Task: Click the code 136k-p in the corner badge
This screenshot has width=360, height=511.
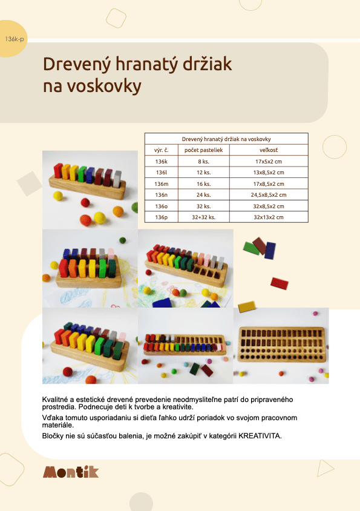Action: (x=15, y=39)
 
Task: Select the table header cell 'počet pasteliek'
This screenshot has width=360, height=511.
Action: (x=203, y=150)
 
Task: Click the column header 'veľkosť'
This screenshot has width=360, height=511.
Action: (x=269, y=150)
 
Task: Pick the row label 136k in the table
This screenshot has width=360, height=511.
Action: (x=161, y=161)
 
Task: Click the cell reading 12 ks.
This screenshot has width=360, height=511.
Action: (x=203, y=173)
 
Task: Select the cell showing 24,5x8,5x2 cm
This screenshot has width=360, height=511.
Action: (x=269, y=195)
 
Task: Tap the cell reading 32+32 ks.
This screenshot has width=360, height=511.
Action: (x=203, y=217)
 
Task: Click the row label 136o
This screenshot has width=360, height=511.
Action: (x=161, y=206)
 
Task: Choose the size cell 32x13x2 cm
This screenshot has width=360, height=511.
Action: (x=269, y=217)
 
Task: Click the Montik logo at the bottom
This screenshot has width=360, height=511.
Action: (x=71, y=472)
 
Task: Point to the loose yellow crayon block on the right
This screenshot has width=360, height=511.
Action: (x=247, y=306)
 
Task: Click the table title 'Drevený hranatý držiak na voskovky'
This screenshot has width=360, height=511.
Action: (x=226, y=139)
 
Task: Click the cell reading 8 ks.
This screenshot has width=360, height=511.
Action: (x=203, y=161)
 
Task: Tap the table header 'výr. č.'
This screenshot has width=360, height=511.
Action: (x=161, y=150)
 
